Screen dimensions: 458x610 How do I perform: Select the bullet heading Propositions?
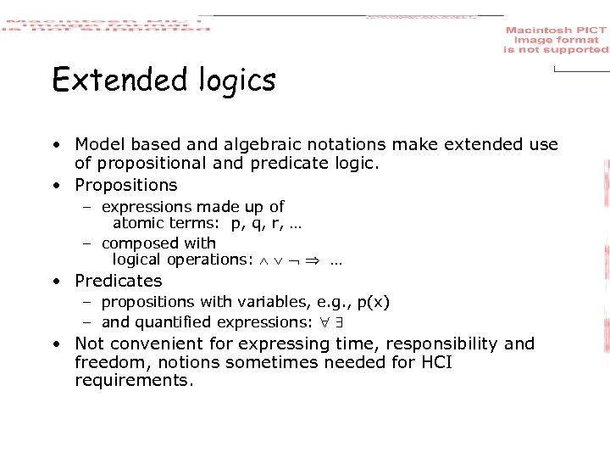click(x=126, y=185)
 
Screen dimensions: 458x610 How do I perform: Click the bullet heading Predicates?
click(x=118, y=281)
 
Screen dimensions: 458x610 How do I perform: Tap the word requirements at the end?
click(x=134, y=381)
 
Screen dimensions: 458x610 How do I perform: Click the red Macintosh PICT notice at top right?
click(x=556, y=40)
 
